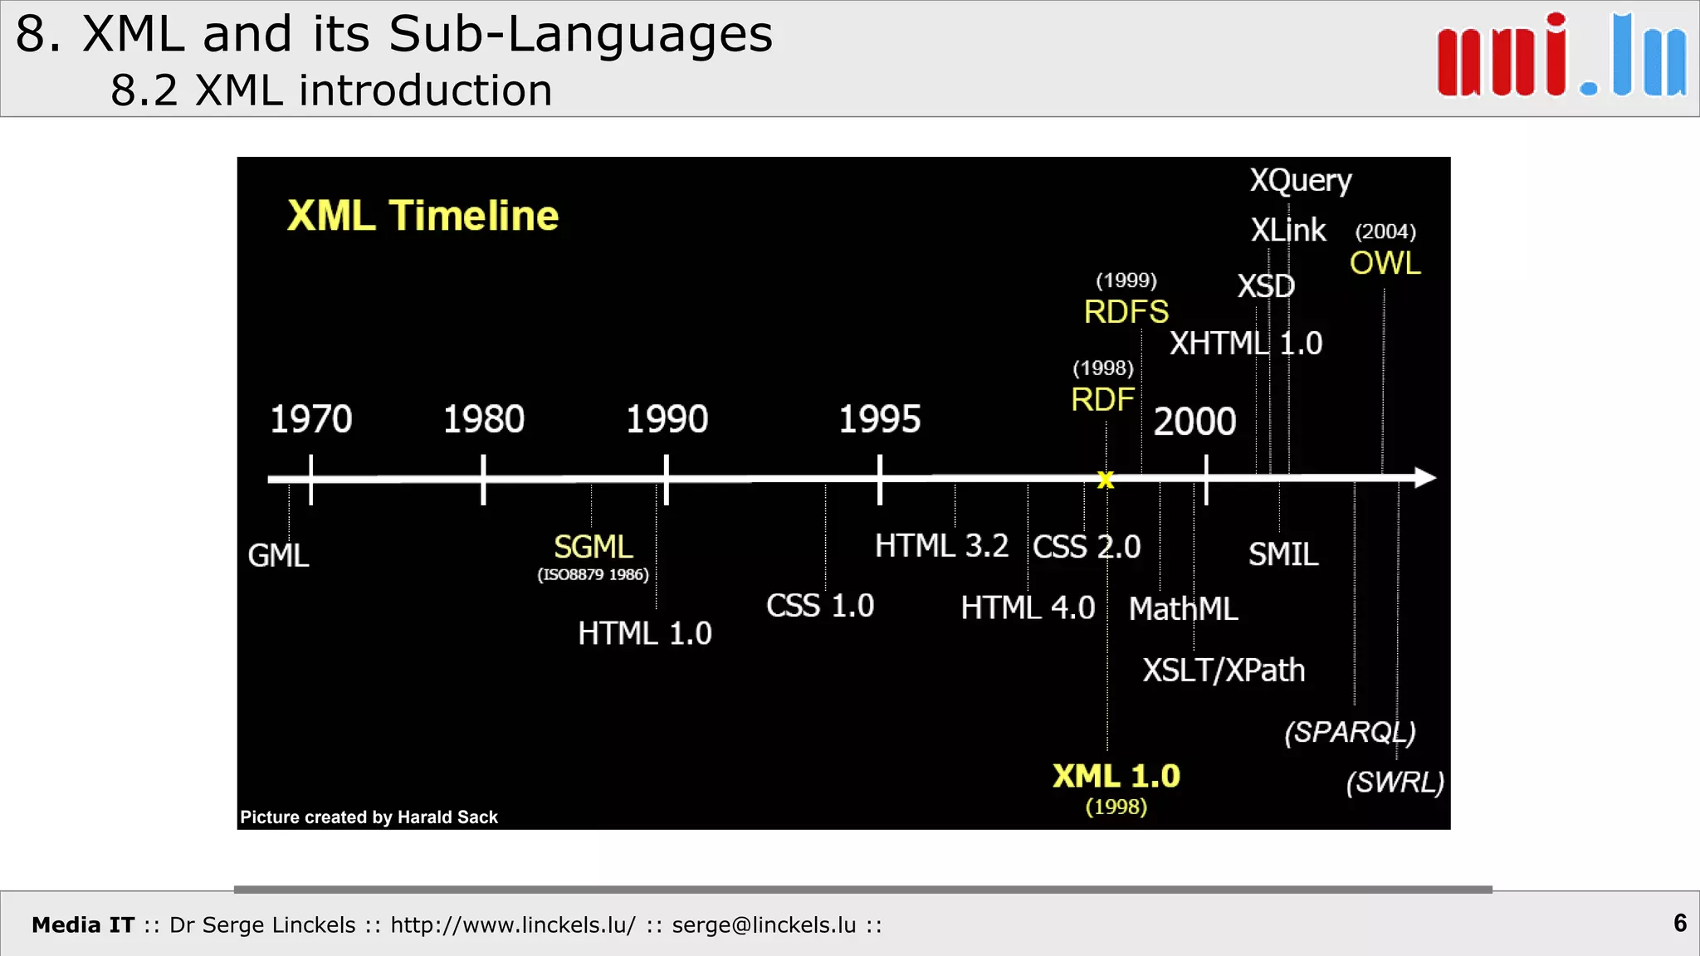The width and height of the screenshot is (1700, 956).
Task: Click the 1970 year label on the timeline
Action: [311, 419]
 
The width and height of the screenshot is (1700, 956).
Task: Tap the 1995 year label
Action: [880, 419]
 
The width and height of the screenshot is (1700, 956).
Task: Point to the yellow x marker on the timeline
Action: [1106, 480]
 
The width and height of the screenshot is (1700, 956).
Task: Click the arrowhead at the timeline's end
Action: [1425, 477]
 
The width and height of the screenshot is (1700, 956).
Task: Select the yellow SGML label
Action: [593, 547]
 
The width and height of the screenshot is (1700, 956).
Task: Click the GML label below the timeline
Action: [278, 555]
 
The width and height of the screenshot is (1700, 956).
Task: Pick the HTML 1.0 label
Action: [645, 633]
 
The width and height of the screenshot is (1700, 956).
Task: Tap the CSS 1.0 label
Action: [820, 605]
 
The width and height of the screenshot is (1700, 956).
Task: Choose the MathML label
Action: [1183, 608]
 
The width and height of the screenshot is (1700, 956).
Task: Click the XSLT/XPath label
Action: [1224, 670]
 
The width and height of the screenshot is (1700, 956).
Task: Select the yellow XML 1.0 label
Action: [1116, 776]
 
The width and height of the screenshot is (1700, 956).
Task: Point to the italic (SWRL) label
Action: [1395, 782]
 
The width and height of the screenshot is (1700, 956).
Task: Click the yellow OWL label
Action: [1385, 263]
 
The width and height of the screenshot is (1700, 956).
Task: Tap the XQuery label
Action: [1301, 180]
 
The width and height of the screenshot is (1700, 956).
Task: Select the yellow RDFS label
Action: [1126, 312]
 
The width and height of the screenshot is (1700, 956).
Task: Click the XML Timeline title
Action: [423, 216]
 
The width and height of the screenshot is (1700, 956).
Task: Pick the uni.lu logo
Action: [1561, 56]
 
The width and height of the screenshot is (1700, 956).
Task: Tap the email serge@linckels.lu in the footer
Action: [764, 924]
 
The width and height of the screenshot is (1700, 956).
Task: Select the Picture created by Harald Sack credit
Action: [369, 817]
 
